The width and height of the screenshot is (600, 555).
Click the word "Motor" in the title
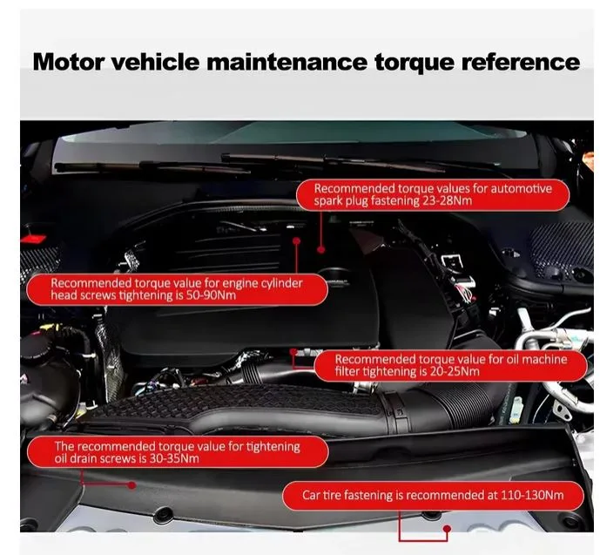point(68,62)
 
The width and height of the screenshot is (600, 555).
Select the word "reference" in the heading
point(521,62)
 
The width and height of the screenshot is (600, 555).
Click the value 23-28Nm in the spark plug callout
point(448,201)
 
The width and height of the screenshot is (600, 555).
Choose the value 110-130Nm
point(532,495)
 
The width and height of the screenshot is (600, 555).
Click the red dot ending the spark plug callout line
point(321,249)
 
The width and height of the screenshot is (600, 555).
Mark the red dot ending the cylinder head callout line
point(297,240)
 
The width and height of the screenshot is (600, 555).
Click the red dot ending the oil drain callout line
point(131,485)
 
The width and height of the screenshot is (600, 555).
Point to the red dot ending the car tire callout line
point(447,529)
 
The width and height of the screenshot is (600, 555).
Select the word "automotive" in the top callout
point(521,189)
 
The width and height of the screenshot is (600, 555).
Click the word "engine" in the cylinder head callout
point(239,284)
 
